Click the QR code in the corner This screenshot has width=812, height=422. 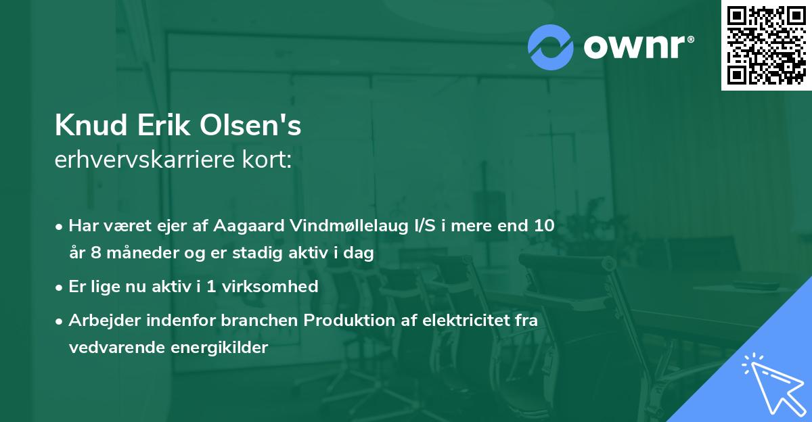click(x=766, y=45)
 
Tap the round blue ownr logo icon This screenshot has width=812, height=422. click(x=551, y=47)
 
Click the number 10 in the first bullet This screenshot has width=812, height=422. click(x=543, y=225)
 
